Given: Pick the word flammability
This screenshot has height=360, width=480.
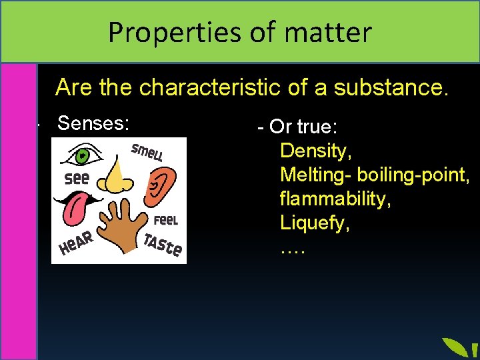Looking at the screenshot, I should (x=335, y=199).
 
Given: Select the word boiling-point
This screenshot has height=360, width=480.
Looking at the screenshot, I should (x=413, y=175).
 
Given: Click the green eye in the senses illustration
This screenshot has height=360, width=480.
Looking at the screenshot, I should (x=81, y=157).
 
